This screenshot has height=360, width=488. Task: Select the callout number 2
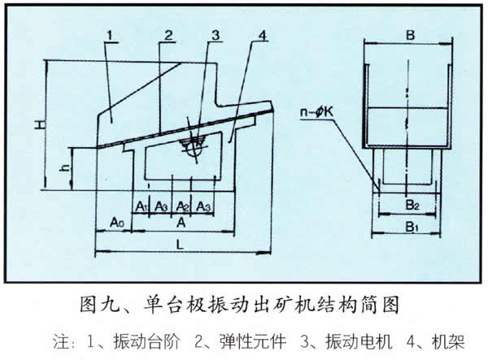166,35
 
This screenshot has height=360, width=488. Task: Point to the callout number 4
262,36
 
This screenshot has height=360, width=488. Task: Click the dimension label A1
142,205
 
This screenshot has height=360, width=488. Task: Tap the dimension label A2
183,205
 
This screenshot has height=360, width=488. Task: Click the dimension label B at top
410,35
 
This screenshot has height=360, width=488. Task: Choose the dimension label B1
411,228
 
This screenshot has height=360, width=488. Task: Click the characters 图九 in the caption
98,306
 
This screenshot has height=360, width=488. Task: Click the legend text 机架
451,338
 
